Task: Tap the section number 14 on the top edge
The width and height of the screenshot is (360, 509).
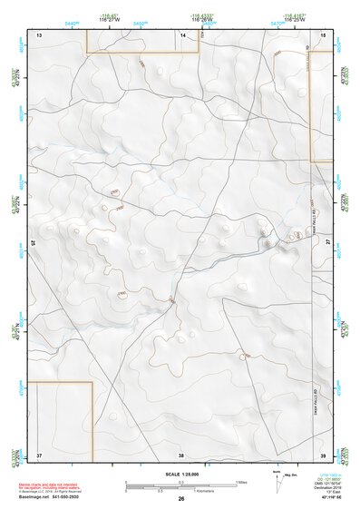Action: click(182, 34)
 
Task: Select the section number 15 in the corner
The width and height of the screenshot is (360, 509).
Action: click(324, 34)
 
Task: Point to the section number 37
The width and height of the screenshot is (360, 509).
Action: click(39, 454)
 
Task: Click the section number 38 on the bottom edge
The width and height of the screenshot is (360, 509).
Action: click(181, 454)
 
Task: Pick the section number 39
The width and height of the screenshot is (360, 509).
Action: click(323, 454)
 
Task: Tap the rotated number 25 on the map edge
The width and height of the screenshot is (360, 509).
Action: click(34, 243)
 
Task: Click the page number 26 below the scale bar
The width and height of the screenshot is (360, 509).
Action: click(181, 498)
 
